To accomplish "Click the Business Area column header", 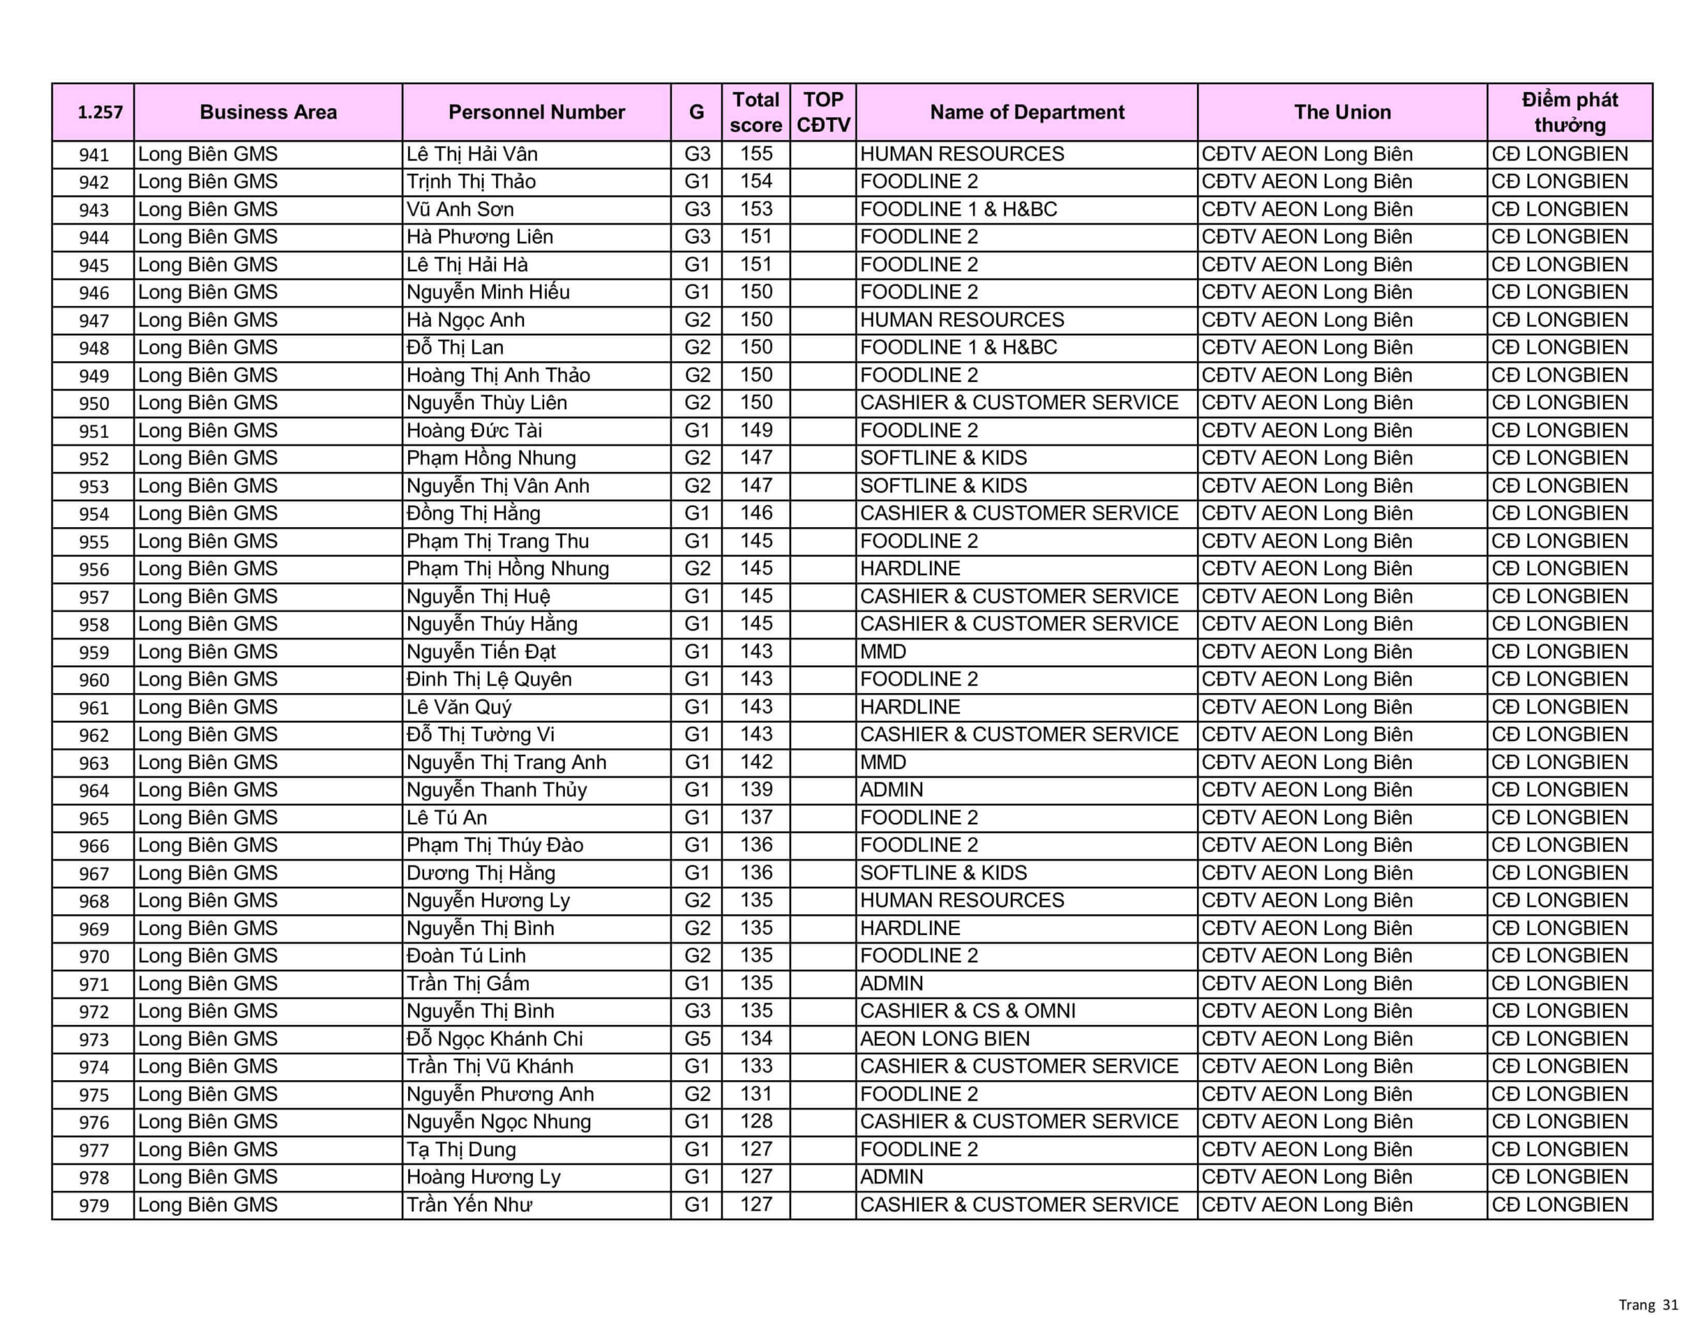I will [x=268, y=113].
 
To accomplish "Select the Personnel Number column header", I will [x=536, y=113].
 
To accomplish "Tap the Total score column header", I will [x=755, y=113].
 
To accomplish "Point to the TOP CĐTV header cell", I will [x=823, y=113].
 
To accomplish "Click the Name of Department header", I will [x=1026, y=113].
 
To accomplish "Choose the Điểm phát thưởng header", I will [x=1570, y=113].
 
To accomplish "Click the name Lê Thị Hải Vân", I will [x=472, y=154].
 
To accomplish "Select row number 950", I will [x=94, y=404].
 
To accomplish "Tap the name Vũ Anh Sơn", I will [x=460, y=209].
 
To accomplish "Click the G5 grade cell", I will [x=696, y=1039].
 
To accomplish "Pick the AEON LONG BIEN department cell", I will [x=944, y=1039].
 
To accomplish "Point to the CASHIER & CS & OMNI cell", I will [x=968, y=1011].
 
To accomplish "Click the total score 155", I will [x=755, y=154].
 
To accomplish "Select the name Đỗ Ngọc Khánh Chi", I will [x=495, y=1039].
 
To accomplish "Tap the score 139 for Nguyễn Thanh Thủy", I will [x=755, y=790].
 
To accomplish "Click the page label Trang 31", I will [x=1648, y=1305].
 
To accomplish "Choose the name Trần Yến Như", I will [x=469, y=1205].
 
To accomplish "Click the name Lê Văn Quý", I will [x=459, y=707].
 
